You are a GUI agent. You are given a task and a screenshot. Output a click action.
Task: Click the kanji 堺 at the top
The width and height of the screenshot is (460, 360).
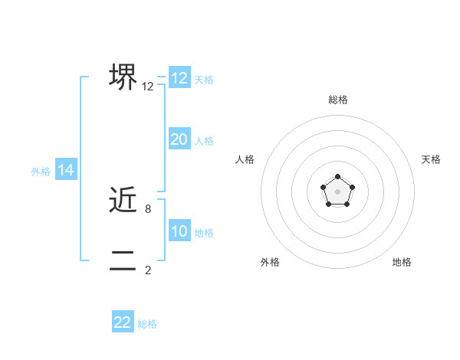click(123, 77)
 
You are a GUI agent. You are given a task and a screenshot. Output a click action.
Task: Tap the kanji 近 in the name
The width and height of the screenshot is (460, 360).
click(123, 201)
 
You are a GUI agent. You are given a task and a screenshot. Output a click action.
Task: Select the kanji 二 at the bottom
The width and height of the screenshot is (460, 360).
click(123, 260)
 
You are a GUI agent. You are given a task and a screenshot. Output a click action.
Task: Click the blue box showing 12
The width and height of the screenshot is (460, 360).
click(179, 78)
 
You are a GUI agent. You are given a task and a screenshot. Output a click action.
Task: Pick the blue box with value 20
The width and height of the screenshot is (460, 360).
click(179, 139)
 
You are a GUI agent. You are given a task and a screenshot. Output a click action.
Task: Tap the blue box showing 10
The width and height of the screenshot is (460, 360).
click(179, 231)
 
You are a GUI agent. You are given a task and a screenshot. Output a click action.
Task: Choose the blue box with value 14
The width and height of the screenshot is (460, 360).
click(66, 171)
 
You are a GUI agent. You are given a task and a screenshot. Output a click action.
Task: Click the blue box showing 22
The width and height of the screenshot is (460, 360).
click(123, 322)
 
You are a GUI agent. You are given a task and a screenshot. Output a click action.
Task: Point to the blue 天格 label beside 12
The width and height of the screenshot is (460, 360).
click(204, 79)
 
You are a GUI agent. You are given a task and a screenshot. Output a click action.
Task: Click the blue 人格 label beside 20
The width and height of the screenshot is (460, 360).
click(204, 141)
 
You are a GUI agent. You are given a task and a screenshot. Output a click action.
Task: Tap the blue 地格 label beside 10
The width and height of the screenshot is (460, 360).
click(204, 233)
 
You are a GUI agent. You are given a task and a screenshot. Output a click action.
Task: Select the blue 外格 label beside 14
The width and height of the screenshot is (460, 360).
click(41, 172)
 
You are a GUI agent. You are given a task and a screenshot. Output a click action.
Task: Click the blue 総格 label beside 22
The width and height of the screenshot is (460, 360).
click(147, 324)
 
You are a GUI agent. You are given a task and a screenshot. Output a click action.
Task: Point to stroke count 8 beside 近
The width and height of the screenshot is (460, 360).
click(148, 208)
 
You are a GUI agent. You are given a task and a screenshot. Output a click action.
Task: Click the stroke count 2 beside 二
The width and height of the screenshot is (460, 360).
click(148, 269)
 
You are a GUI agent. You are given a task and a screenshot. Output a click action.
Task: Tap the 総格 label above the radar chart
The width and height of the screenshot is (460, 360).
click(337, 100)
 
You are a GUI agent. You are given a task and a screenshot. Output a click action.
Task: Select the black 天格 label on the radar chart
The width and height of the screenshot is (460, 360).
click(431, 159)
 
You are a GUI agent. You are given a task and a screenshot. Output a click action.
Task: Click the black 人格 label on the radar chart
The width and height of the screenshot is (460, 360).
click(245, 159)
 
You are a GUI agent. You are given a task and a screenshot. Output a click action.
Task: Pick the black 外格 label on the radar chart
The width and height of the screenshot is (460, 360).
click(270, 262)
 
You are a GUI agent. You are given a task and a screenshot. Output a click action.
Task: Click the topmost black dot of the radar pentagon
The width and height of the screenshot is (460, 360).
click(337, 177)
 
